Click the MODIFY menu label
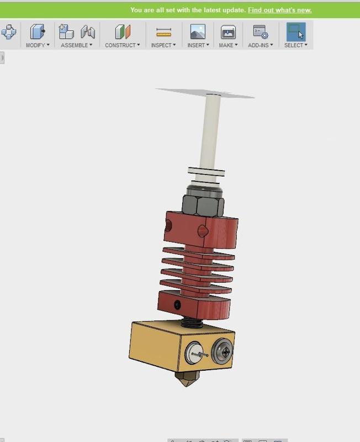(38, 45)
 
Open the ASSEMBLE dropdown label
(76, 45)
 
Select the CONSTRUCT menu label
(122, 45)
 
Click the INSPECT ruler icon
(163, 32)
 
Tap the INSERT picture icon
(197, 32)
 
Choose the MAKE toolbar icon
(228, 32)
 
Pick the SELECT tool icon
(296, 32)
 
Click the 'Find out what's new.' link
(279, 10)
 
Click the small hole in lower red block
(177, 304)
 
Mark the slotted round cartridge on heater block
(194, 351)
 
